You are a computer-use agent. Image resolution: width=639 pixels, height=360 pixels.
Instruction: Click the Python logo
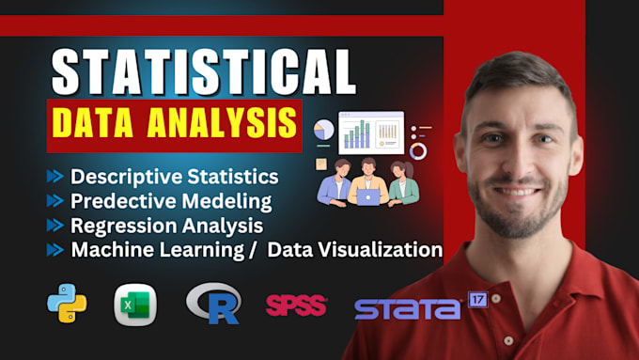(67, 304)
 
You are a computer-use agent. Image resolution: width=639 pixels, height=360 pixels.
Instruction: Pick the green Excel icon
(135, 304)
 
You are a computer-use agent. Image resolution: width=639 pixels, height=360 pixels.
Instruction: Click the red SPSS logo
(296, 305)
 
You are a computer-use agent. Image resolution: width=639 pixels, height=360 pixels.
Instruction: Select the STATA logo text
(408, 307)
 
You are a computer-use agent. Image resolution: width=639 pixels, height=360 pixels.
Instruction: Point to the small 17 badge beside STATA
(479, 301)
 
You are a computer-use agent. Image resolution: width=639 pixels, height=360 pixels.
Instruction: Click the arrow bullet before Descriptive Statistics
(57, 176)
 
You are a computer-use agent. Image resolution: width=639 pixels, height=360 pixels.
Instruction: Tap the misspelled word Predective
(115, 200)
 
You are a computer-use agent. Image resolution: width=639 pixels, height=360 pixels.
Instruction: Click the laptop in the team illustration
(368, 196)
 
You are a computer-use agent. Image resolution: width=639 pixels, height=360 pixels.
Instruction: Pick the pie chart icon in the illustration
(323, 130)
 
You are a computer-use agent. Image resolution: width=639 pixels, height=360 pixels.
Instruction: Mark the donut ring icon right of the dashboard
(418, 150)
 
